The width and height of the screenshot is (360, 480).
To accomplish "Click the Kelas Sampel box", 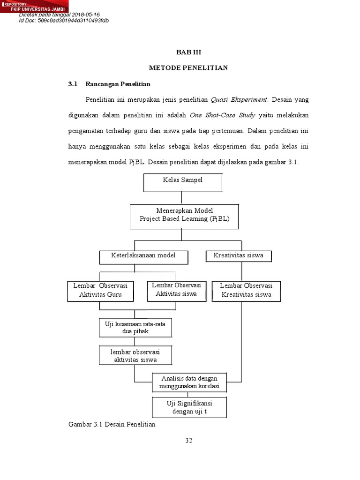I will click(182, 182).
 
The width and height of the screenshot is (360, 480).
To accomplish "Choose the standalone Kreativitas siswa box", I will click(239, 256).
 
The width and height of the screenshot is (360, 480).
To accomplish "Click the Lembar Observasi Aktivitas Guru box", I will click(101, 291).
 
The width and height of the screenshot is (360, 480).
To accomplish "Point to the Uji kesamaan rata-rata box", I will click(135, 328).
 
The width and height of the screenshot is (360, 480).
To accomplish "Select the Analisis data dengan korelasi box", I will click(189, 382).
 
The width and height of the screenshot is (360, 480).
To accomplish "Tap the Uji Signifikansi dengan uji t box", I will click(189, 407).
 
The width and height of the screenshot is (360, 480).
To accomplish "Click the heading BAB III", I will click(188, 52).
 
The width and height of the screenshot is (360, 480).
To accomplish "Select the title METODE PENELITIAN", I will click(188, 68).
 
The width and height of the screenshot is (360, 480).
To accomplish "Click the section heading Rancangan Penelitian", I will click(118, 84).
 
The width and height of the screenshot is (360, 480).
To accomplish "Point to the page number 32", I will click(188, 440).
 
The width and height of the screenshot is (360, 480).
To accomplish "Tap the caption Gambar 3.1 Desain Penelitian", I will click(112, 425).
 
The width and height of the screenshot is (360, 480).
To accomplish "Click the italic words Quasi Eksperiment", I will click(239, 100).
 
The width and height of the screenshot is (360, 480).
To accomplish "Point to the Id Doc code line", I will click(64, 21).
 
